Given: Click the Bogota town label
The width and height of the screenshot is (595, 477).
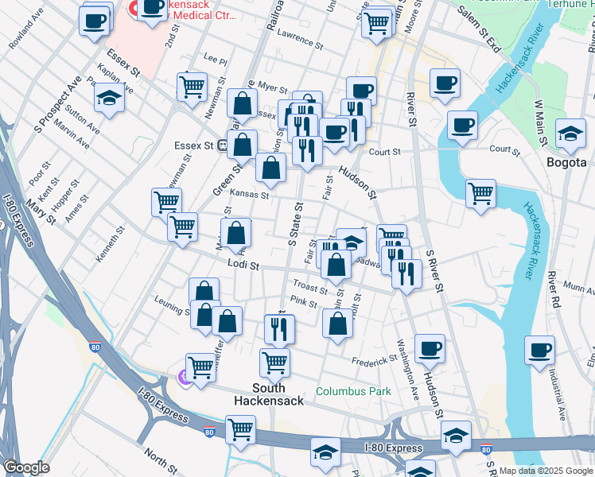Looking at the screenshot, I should (x=566, y=162).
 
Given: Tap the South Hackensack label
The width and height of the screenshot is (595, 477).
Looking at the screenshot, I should (x=268, y=394).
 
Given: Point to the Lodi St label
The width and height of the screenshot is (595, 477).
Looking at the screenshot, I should (x=243, y=266).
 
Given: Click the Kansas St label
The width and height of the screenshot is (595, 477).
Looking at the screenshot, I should (x=250, y=194).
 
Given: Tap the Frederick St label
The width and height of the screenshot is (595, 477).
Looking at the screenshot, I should (x=375, y=359).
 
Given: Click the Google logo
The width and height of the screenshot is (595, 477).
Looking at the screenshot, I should (x=25, y=467).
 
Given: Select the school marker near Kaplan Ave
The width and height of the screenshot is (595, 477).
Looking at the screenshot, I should (x=109, y=98).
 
